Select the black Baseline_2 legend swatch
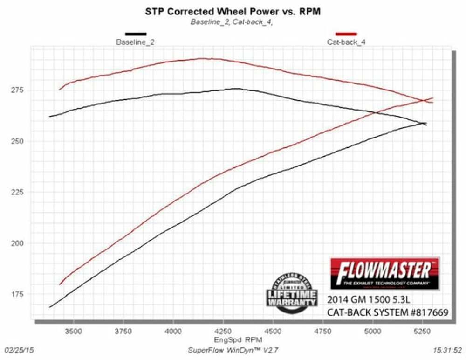(x=136, y=34)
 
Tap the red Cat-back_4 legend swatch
(x=346, y=34)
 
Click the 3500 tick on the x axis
(x=73, y=332)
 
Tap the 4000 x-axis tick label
(x=173, y=332)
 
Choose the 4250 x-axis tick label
(x=223, y=332)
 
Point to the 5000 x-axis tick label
(x=372, y=332)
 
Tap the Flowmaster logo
(x=384, y=273)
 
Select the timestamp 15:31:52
(x=447, y=349)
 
